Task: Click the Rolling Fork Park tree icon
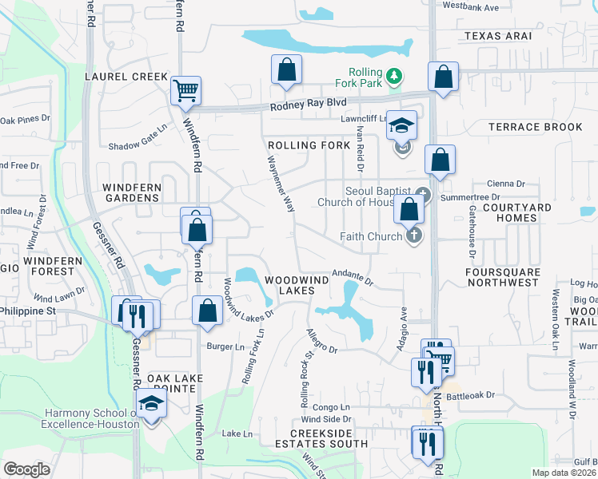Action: pos(393,77)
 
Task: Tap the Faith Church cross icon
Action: pos(413,236)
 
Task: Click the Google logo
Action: pos(26,469)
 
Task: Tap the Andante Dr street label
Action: pos(353,275)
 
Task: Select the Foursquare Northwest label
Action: pos(503,276)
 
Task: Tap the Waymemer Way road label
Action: pos(281,184)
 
